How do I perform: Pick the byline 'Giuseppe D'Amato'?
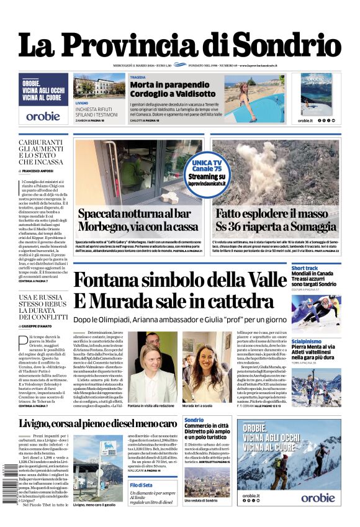42,325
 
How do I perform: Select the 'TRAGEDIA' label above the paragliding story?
138,77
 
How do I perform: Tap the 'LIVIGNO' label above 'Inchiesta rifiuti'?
81,102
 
